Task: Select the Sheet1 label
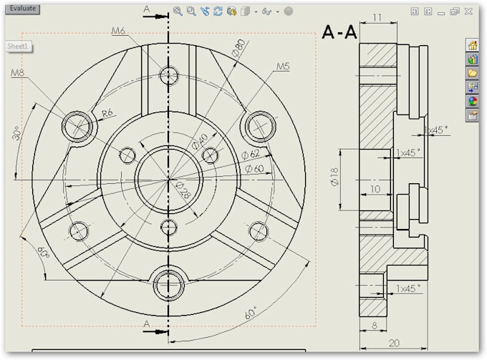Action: pos(17,46)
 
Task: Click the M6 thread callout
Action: pos(119,30)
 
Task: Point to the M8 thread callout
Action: pos(19,73)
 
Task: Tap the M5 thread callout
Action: pos(283,67)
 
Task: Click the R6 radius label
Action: pos(107,112)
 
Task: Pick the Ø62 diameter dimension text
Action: pos(251,154)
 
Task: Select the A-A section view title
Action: pos(339,32)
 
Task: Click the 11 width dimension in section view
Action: pos(377,17)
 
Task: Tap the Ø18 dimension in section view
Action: pos(334,179)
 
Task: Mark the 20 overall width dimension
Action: pos(393,343)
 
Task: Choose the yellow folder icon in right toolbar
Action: pos(472,73)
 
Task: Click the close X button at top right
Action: pos(468,11)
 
